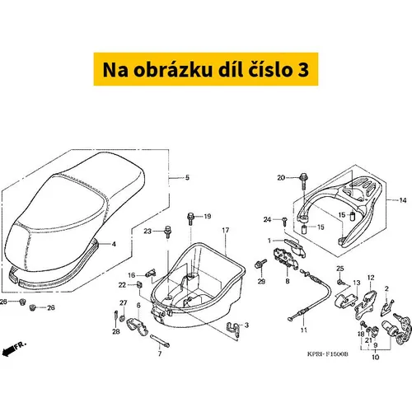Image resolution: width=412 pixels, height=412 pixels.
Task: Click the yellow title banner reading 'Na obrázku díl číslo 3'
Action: [206, 69]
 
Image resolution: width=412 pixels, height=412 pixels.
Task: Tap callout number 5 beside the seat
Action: [187, 177]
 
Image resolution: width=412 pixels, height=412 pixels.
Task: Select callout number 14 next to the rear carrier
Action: [403, 200]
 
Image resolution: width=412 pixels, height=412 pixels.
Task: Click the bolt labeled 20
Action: [303, 181]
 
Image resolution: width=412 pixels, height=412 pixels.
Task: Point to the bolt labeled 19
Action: [190, 219]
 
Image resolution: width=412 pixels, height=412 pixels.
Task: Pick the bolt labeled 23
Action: [167, 232]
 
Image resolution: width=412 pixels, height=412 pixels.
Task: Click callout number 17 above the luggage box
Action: [226, 230]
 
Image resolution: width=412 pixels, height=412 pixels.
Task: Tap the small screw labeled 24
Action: [284, 221]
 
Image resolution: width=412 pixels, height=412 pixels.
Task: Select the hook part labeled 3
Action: [234, 329]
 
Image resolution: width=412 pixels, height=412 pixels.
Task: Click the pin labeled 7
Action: [160, 340]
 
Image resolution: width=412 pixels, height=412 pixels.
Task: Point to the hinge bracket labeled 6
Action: [138, 326]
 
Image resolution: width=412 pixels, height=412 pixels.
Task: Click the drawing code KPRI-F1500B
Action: [327, 354]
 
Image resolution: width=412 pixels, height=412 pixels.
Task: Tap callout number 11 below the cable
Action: [303, 330]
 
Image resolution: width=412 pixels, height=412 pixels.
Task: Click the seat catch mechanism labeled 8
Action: [286, 258]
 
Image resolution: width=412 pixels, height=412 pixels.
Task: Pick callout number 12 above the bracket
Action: [371, 278]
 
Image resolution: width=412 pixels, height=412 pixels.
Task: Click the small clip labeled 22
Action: [139, 284]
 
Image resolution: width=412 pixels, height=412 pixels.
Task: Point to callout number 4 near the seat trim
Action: [114, 244]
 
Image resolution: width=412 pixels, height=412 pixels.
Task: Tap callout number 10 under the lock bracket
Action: [375, 357]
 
